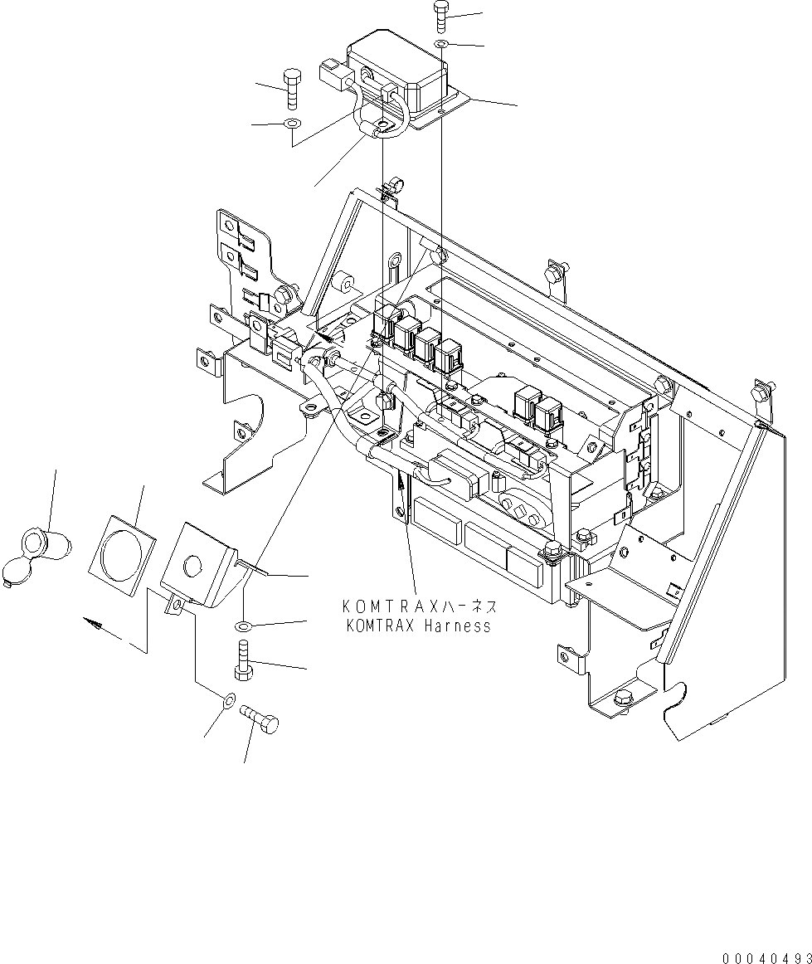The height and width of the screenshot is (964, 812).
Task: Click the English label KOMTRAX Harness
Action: pyautogui.click(x=418, y=626)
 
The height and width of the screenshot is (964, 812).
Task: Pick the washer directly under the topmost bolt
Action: pyautogui.click(x=442, y=42)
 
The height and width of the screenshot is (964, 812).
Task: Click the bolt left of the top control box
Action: pyautogui.click(x=290, y=87)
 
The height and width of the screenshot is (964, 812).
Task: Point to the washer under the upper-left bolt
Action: pyautogui.click(x=290, y=124)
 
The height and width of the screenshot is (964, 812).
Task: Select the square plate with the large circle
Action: pyautogui.click(x=122, y=555)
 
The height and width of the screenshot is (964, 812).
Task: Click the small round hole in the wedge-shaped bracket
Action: pyautogui.click(x=192, y=567)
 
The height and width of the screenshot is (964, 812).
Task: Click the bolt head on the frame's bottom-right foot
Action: pyautogui.click(x=621, y=700)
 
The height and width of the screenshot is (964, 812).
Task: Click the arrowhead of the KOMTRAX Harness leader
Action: pyautogui.click(x=401, y=480)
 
